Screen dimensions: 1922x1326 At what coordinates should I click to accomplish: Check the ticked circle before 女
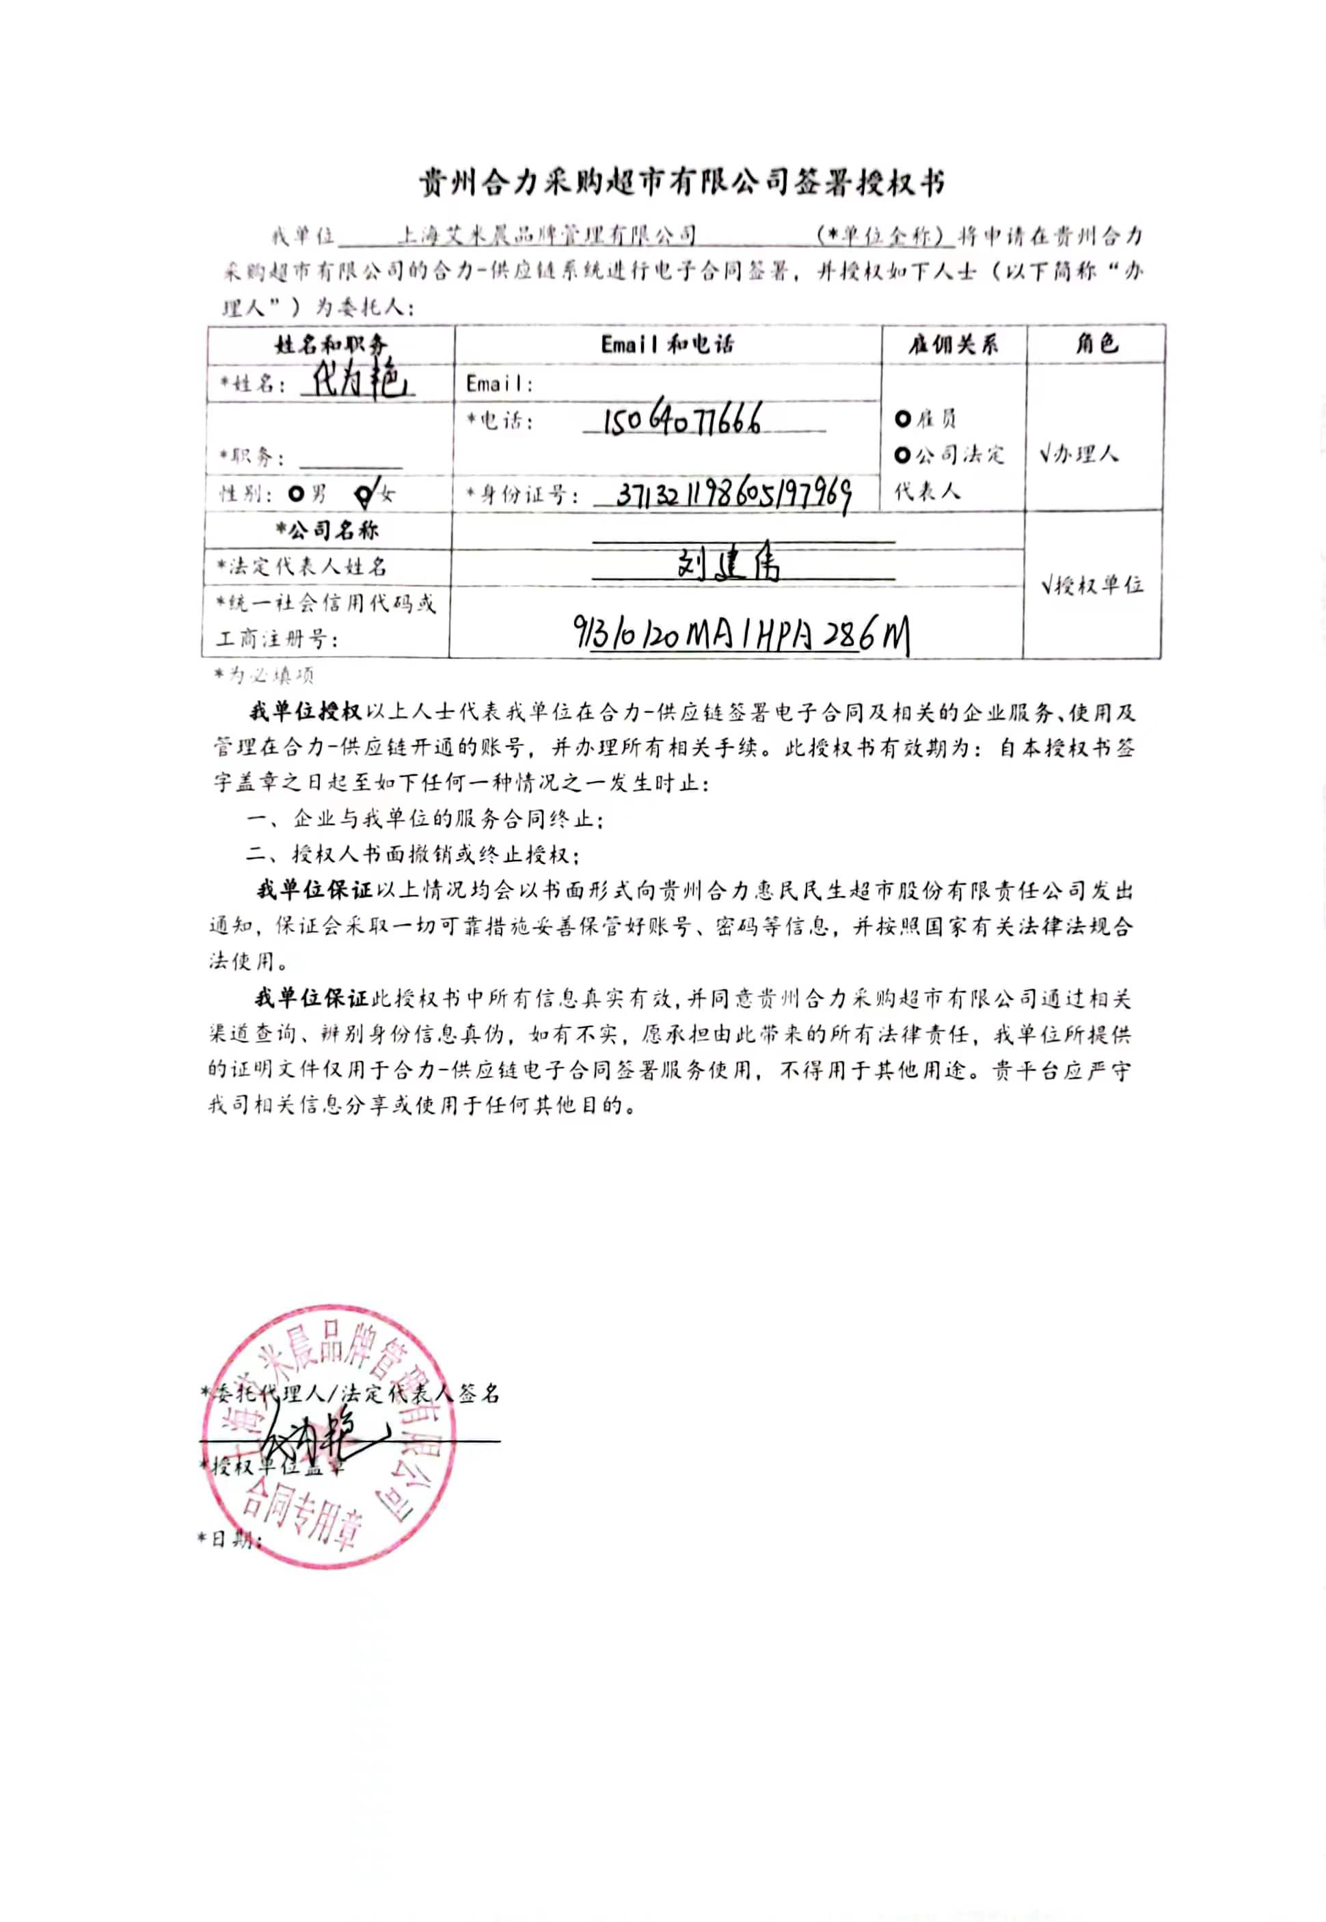[x=364, y=496]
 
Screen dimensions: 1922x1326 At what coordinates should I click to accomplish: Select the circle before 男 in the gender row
[x=296, y=494]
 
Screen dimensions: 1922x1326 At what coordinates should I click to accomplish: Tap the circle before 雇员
[x=903, y=418]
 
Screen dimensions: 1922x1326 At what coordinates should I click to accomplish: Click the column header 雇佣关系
[x=953, y=344]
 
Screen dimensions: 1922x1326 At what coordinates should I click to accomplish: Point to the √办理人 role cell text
[x=1079, y=454]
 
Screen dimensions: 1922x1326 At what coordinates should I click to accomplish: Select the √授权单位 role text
[x=1092, y=586]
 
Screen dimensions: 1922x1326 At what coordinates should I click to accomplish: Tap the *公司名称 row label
[x=327, y=530]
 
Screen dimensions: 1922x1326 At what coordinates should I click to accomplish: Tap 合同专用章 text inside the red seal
[x=299, y=1514]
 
